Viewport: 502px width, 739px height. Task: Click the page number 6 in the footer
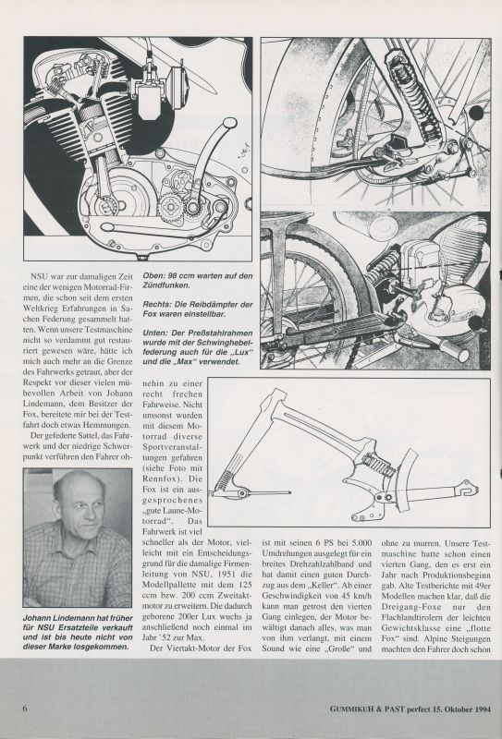(x=25, y=709)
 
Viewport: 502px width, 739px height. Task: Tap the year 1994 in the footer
(x=480, y=709)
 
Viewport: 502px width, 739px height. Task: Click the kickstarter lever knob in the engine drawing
(x=230, y=123)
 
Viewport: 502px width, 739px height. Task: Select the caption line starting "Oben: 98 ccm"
(x=198, y=275)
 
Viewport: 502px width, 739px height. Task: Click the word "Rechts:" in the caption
(x=156, y=305)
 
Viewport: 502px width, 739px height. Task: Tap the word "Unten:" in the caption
(x=155, y=333)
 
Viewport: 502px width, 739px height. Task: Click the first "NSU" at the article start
(x=39, y=276)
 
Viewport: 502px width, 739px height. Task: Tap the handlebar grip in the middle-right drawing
(x=453, y=351)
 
